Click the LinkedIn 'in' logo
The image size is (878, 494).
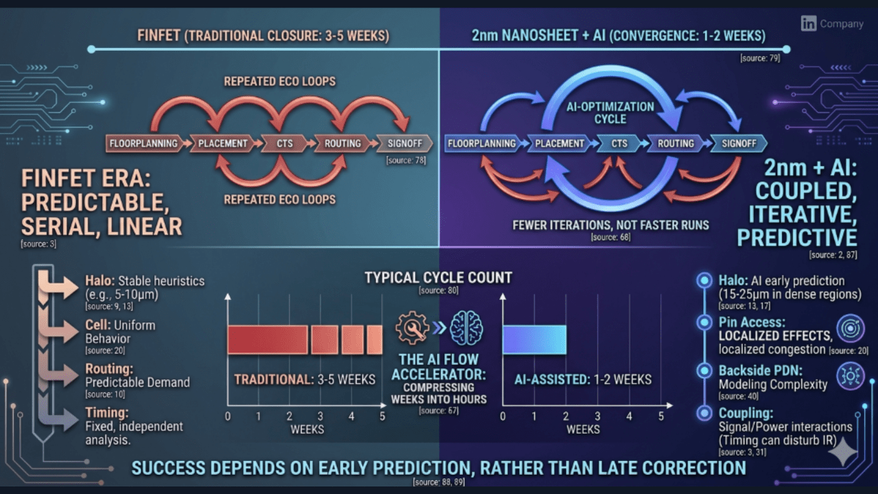(808, 23)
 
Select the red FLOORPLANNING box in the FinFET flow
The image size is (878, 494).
(143, 143)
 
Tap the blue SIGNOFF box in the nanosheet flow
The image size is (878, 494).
(738, 143)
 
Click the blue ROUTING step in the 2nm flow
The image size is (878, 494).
(676, 143)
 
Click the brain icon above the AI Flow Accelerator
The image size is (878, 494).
(466, 328)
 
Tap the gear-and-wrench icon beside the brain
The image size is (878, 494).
(413, 328)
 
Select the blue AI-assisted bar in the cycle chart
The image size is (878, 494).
(534, 340)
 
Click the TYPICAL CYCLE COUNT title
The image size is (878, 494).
(438, 277)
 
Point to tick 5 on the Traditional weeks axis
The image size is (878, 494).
(382, 416)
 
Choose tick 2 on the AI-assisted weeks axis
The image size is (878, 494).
(566, 416)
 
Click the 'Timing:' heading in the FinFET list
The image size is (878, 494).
(107, 412)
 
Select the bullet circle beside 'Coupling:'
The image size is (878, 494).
(703, 413)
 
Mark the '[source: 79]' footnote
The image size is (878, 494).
(760, 58)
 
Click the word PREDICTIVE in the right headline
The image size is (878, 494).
(797, 237)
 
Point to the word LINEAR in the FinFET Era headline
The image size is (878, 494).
(145, 226)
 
